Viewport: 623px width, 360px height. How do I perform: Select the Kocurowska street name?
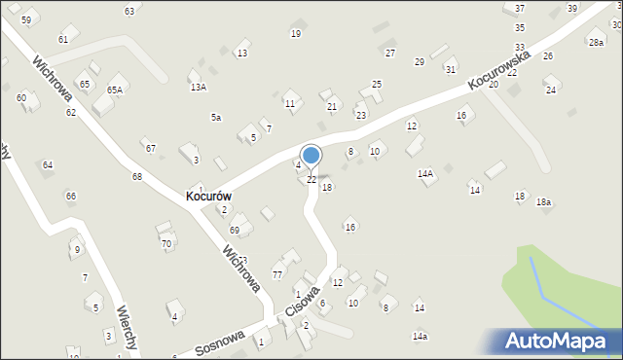(497, 70)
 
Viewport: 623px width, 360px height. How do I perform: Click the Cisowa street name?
(303, 302)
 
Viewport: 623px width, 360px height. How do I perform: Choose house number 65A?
(115, 90)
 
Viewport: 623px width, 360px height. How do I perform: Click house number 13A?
(198, 87)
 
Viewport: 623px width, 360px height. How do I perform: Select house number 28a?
(596, 42)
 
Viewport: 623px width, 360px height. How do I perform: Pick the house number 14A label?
(425, 173)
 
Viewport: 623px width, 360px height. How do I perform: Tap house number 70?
(166, 243)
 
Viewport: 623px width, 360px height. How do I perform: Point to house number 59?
(25, 19)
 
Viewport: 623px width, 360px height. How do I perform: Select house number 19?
(296, 33)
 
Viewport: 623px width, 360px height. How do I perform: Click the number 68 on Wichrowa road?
(137, 176)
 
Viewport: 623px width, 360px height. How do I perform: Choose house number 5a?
(216, 117)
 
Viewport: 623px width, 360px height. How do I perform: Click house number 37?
(520, 8)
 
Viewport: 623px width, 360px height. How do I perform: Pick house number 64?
(48, 164)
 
